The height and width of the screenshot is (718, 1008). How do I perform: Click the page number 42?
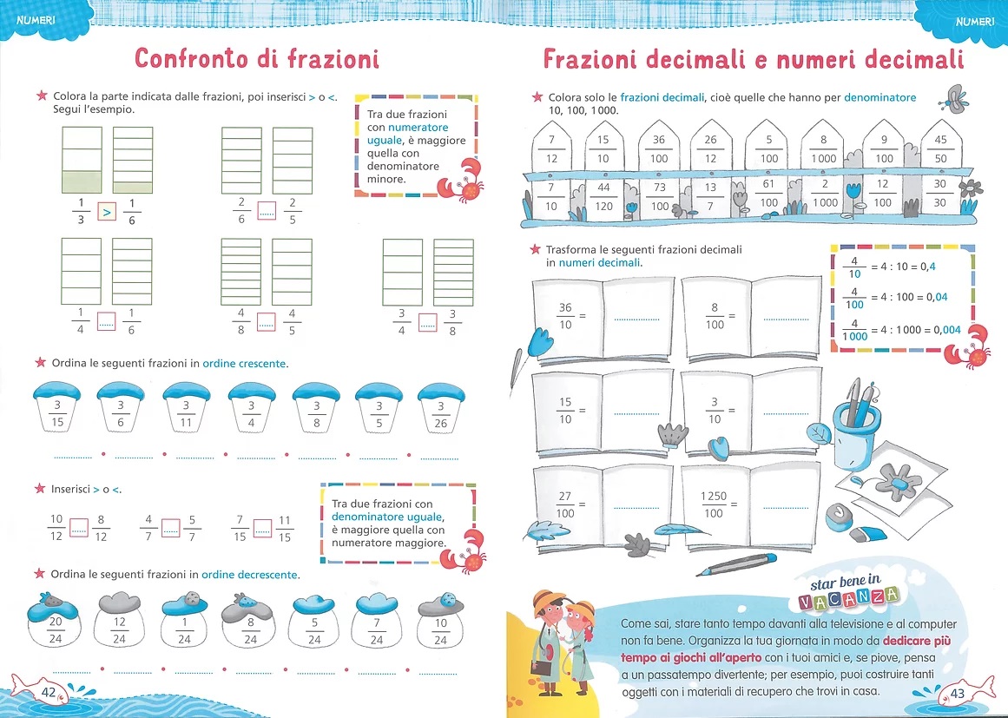[x=49, y=692]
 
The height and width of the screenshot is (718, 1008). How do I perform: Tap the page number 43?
[x=958, y=693]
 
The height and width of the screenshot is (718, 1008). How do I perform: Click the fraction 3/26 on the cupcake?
[x=440, y=415]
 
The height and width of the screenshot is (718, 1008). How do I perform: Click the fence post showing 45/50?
[x=940, y=147]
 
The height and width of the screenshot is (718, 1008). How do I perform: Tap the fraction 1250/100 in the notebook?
[x=714, y=504]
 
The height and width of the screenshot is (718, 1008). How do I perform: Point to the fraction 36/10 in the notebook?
[x=565, y=316]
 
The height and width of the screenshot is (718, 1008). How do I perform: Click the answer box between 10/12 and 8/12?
[x=78, y=528]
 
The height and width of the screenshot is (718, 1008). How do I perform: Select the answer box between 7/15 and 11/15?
[x=262, y=528]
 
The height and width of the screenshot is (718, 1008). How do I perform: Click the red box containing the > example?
[x=107, y=212]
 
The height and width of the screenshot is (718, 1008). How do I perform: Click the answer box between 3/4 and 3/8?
[x=427, y=322]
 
